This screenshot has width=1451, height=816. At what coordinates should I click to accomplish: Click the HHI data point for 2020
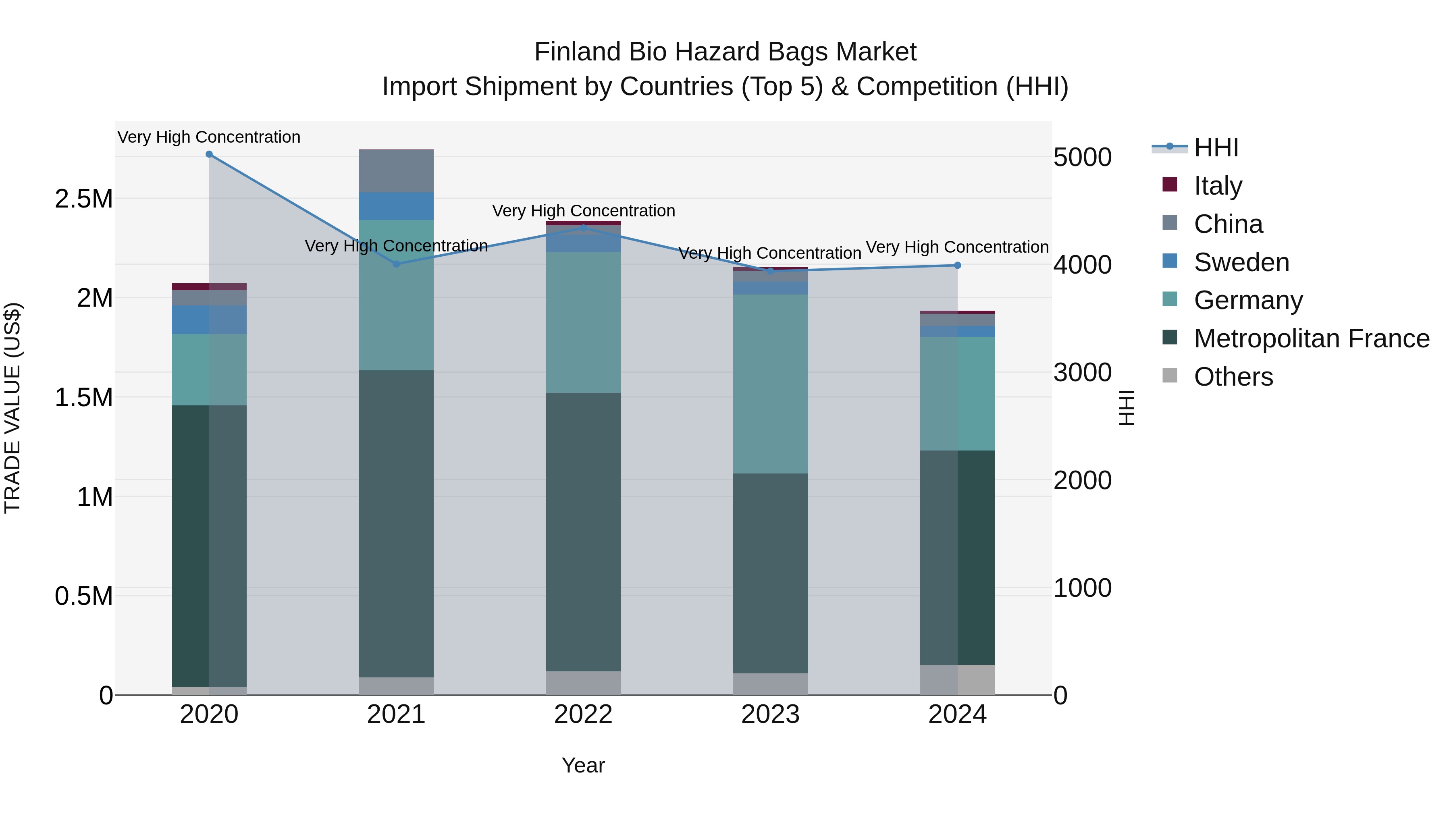point(209,154)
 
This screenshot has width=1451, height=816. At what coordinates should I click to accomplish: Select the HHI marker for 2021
point(396,264)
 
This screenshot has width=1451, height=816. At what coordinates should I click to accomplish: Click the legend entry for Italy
point(1217,186)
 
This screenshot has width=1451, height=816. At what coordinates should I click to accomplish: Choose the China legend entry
point(1228,224)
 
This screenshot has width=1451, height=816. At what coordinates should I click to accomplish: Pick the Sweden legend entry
point(1241,262)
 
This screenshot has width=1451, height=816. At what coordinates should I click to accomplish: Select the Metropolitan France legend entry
point(1311,338)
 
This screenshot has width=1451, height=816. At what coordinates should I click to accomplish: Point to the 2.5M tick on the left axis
point(83,199)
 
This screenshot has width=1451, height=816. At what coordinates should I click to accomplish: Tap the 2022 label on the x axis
point(583,714)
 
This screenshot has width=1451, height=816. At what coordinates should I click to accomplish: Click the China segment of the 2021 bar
point(396,171)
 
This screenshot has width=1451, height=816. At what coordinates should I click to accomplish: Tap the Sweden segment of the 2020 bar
point(209,320)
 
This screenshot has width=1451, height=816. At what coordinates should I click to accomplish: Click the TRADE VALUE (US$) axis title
point(12,408)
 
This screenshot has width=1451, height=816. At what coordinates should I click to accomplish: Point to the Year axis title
point(583,765)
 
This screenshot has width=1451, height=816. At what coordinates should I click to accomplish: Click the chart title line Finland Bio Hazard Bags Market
point(725,52)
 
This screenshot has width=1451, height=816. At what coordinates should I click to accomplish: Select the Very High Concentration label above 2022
point(583,211)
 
